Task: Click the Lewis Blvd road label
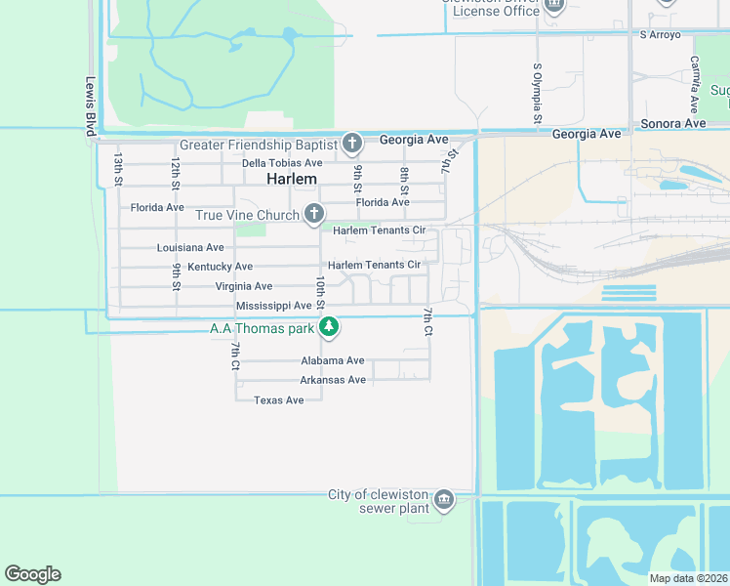[x=91, y=102]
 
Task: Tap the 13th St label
[x=117, y=169]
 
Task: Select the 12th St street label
[x=175, y=171]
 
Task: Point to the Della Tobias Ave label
[x=282, y=163]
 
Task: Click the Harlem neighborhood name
[x=292, y=180]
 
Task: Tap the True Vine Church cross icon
[x=313, y=213]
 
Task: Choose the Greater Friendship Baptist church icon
[x=352, y=145]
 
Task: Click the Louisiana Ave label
[x=190, y=248]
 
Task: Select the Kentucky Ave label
[x=221, y=267]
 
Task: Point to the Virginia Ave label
[x=244, y=286]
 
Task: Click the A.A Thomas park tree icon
[x=330, y=327]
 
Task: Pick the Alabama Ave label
[x=333, y=360]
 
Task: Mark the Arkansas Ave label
[x=333, y=380]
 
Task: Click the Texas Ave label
[x=279, y=400]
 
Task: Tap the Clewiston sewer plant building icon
[x=444, y=500]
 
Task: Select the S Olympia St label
[x=537, y=94]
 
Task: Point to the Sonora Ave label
[x=673, y=124]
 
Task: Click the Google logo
[x=32, y=574]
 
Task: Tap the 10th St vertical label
[x=319, y=290]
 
